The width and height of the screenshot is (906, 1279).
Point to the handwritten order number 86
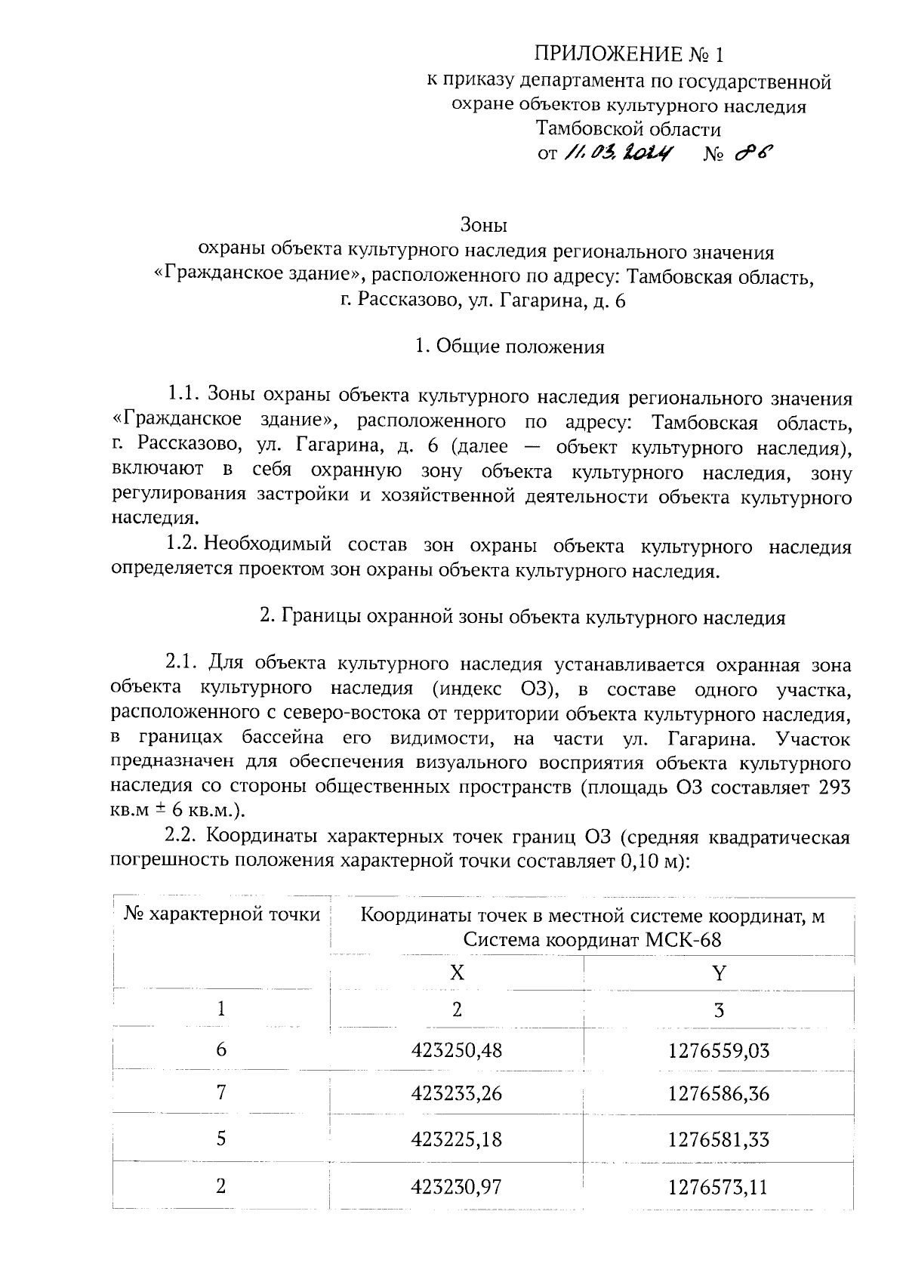coord(753,153)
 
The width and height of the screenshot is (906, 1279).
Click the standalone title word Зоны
coord(483,225)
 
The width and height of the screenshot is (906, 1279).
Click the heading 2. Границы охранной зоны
coord(522,618)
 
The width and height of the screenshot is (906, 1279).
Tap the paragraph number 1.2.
coord(182,545)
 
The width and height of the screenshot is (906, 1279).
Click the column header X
coord(457,972)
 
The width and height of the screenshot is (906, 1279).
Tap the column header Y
coord(718,972)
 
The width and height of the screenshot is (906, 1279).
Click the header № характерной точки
coord(222,915)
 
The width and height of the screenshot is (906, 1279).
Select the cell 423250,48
coord(457,1050)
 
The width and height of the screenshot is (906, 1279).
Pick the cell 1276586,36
coord(718,1093)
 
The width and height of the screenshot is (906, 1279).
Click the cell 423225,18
coord(457,1139)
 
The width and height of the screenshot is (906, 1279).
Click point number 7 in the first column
coord(221,1093)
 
